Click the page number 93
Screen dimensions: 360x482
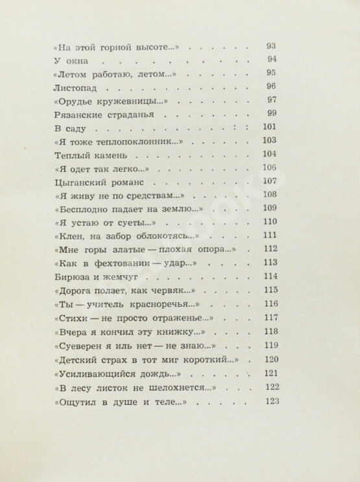tap(271, 45)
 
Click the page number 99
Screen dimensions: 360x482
tap(271, 113)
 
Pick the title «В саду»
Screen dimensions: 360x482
tap(64, 127)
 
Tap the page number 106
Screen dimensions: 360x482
tap(270, 167)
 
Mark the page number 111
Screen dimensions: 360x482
tap(271, 235)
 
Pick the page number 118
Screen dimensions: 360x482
tap(271, 330)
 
